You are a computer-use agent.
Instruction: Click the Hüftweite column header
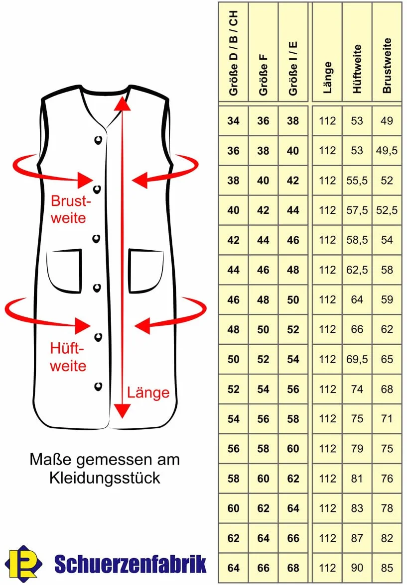(357, 69)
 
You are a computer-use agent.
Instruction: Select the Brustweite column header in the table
(387, 66)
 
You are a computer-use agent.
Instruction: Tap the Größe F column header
(263, 75)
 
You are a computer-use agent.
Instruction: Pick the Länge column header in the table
(327, 78)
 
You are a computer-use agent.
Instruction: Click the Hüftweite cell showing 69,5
(357, 359)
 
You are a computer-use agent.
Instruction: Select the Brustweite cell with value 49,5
(387, 151)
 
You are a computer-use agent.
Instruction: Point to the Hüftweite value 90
(357, 568)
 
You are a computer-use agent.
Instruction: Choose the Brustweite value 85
(387, 568)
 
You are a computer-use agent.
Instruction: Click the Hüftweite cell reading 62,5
(357, 270)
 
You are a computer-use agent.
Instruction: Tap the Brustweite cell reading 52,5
(387, 210)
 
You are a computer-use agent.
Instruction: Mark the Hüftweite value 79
(357, 449)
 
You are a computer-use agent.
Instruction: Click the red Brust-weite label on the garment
(71, 209)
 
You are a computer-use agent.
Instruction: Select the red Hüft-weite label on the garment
(68, 357)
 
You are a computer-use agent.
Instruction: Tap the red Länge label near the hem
(148, 392)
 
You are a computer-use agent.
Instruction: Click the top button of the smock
(98, 140)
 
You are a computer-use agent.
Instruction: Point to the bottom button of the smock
(98, 387)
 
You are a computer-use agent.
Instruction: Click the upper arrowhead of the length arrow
(122, 103)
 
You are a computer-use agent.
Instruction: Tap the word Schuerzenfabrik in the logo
(131, 564)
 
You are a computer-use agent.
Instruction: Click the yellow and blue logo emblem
(23, 562)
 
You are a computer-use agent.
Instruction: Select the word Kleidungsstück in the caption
(105, 478)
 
